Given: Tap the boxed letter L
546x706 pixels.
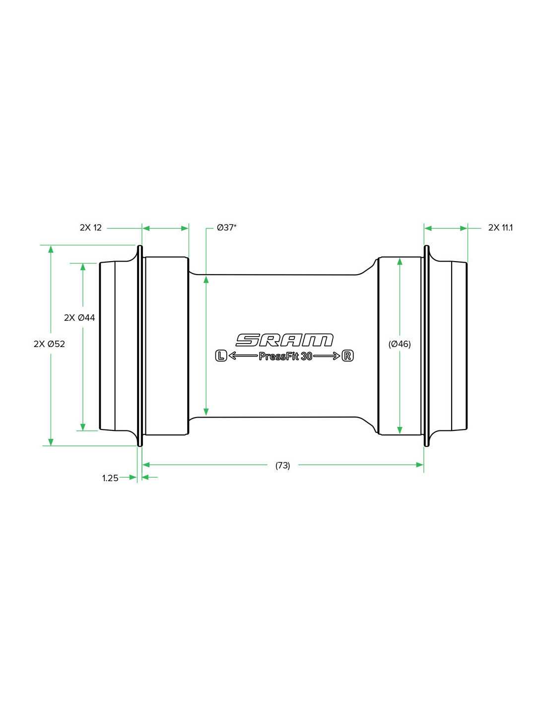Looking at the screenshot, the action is click(x=221, y=356).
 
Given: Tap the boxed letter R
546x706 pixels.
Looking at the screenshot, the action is click(x=347, y=356).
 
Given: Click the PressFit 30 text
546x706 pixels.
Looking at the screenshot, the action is click(x=285, y=356).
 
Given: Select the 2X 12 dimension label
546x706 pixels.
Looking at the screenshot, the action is click(x=91, y=228).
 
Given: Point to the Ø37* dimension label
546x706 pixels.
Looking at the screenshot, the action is click(x=226, y=227).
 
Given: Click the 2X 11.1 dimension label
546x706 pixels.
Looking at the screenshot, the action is click(x=500, y=228).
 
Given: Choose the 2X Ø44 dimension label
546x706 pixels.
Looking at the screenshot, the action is click(x=79, y=318).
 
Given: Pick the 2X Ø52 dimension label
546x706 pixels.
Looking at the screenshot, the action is click(x=49, y=344).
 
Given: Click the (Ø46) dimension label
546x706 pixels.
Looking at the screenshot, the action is click(x=400, y=344).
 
